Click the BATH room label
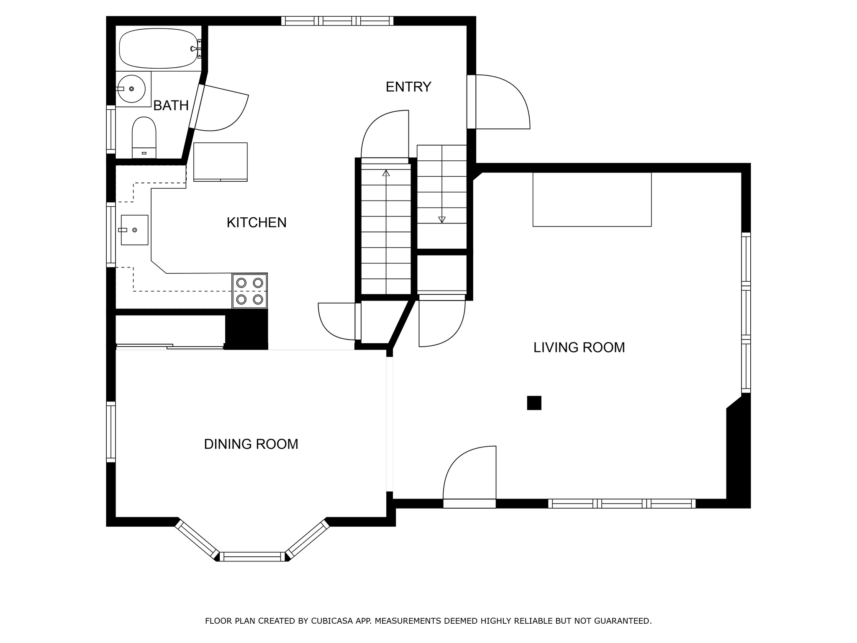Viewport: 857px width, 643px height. click(171, 105)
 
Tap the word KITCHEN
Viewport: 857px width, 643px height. click(257, 222)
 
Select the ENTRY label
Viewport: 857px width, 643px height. click(408, 87)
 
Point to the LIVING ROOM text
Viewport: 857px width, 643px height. click(579, 347)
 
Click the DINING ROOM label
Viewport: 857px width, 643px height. click(251, 444)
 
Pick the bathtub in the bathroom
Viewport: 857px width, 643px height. click(159, 48)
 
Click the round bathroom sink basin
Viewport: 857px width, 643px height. click(131, 89)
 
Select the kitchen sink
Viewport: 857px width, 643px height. click(134, 230)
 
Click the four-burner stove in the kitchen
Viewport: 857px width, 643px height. click(250, 291)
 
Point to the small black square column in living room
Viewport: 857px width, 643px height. click(534, 403)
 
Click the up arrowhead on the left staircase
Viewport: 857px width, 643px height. click(386, 173)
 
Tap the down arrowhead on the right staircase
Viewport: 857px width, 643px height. click(442, 220)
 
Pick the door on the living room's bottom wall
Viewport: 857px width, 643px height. click(470, 477)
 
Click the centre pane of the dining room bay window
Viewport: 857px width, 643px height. click(252, 556)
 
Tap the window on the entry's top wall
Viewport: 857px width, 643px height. click(337, 21)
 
